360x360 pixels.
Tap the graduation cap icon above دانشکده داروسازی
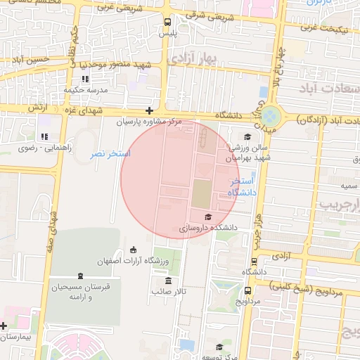[207, 217]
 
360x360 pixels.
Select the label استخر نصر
[110, 153]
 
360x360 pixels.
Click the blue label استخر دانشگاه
[243, 186]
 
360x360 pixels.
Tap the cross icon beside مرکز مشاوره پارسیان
[149, 110]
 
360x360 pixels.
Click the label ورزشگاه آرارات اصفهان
[134, 261]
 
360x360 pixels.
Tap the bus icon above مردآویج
[247, 290]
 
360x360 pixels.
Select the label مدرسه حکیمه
[85, 90]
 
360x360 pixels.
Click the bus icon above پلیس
[167, 22]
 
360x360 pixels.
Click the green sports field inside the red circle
[201, 193]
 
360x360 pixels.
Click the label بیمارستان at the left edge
[16, 337]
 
